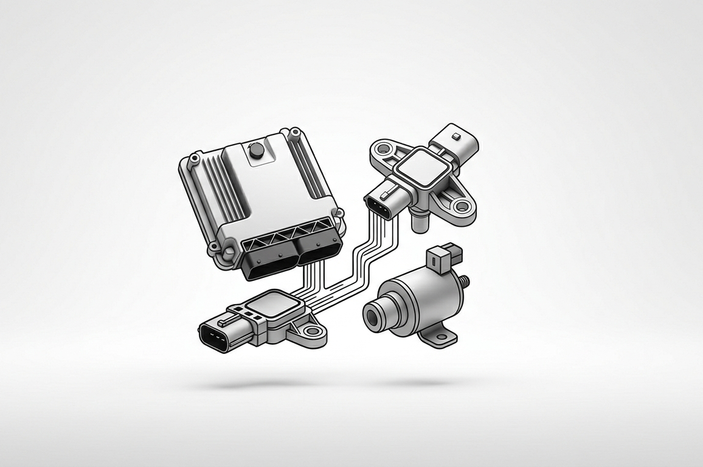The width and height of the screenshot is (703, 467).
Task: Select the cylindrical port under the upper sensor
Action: click(419, 220)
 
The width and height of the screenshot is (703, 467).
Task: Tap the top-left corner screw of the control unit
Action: click(194, 159)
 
